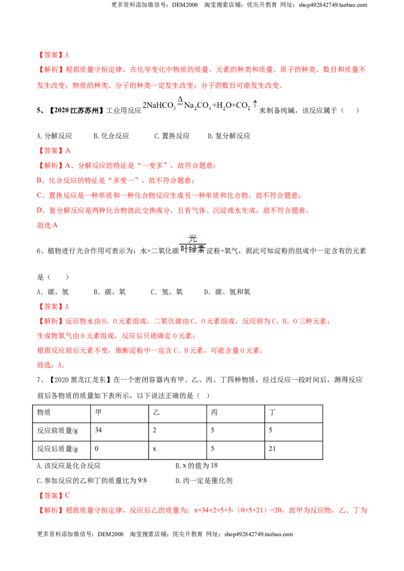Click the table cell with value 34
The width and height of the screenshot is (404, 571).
(x=120, y=432)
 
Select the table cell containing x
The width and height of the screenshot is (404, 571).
(x=178, y=450)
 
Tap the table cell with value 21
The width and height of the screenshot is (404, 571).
(x=293, y=450)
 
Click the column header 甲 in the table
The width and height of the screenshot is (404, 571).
(x=120, y=414)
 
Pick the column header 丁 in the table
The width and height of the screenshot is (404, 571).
(x=293, y=414)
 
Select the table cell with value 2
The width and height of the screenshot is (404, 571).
(x=178, y=432)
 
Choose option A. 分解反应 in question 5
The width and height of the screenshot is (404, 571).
(x=55, y=136)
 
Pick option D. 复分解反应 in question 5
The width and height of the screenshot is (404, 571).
(x=229, y=136)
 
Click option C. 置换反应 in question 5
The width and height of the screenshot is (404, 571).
(x=172, y=136)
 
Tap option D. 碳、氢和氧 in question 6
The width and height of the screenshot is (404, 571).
(x=228, y=292)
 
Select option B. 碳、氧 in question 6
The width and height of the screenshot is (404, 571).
(x=110, y=292)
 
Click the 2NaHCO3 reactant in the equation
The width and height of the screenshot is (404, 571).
(x=159, y=105)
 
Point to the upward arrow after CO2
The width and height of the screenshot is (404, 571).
(x=255, y=104)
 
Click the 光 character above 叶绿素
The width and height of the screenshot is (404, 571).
(x=193, y=239)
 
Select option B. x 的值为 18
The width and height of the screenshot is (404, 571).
(x=196, y=466)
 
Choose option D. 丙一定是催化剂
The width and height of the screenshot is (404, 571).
(x=204, y=481)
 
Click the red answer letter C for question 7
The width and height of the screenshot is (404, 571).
(x=68, y=495)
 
